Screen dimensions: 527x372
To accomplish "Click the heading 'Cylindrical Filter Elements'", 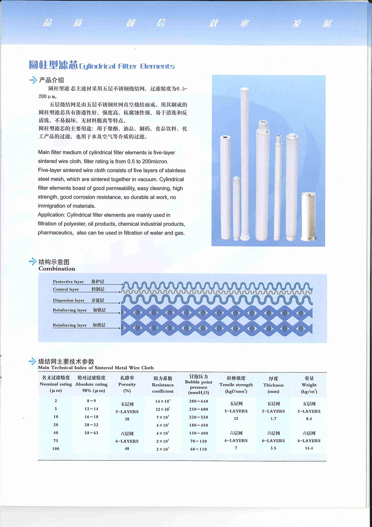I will coord(127,66).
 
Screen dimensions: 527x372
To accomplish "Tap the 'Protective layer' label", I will coord(68,282).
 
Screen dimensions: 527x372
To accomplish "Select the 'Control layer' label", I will coord(66,289).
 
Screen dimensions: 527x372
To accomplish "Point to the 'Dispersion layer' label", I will coord(69,300).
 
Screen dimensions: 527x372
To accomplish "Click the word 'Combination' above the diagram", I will coord(57,269).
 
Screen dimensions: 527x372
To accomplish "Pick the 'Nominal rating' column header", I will coord(56,384).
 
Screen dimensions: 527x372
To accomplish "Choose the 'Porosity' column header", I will coord(127,384).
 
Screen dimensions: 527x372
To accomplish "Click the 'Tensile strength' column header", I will coord(236,384).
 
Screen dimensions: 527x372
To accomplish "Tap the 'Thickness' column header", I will coord(273,385).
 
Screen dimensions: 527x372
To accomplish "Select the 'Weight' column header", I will coord(309,385).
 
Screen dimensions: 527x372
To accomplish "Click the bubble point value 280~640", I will coord(198,401).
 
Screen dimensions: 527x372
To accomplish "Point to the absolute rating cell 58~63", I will coord(91,433).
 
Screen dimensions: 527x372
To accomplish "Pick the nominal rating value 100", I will coord(56,448).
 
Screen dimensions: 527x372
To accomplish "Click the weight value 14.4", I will coord(309,448).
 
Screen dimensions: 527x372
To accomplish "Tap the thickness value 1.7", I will coord(273,419).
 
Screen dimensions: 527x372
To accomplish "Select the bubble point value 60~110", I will coord(198,449).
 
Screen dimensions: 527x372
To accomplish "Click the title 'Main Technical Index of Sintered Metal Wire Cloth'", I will coord(96,368).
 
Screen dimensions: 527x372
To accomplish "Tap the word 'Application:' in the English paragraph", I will coord(52,215).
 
